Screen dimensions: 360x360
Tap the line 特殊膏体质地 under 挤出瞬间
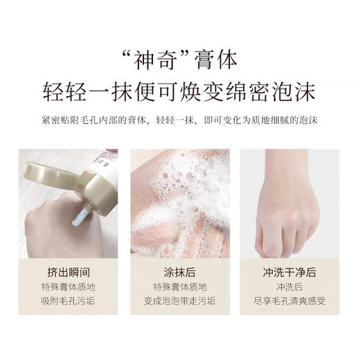[x=68, y=286]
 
